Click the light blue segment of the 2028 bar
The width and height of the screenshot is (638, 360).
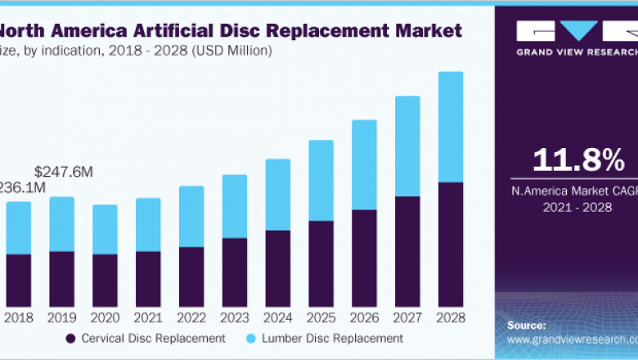pos(450,127)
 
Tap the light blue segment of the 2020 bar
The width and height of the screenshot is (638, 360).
pos(104,229)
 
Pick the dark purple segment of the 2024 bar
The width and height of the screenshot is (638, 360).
pos(277,268)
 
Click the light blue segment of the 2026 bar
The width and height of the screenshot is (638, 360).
pos(364,164)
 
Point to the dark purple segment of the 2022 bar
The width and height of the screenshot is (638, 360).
pos(191,277)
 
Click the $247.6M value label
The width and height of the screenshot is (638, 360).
pos(64,172)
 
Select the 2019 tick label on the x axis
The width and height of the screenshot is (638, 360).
pos(61,317)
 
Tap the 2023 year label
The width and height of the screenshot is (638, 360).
pos(234,317)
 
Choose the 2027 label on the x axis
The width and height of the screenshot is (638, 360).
pos(407,317)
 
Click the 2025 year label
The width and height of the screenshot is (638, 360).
pos(321,317)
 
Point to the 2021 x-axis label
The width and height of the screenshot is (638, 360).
pos(147,317)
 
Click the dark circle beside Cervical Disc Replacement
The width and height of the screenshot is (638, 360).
pos(71,338)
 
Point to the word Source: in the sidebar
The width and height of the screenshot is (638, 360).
pos(528,324)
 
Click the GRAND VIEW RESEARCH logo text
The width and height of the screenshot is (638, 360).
pos(576,52)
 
